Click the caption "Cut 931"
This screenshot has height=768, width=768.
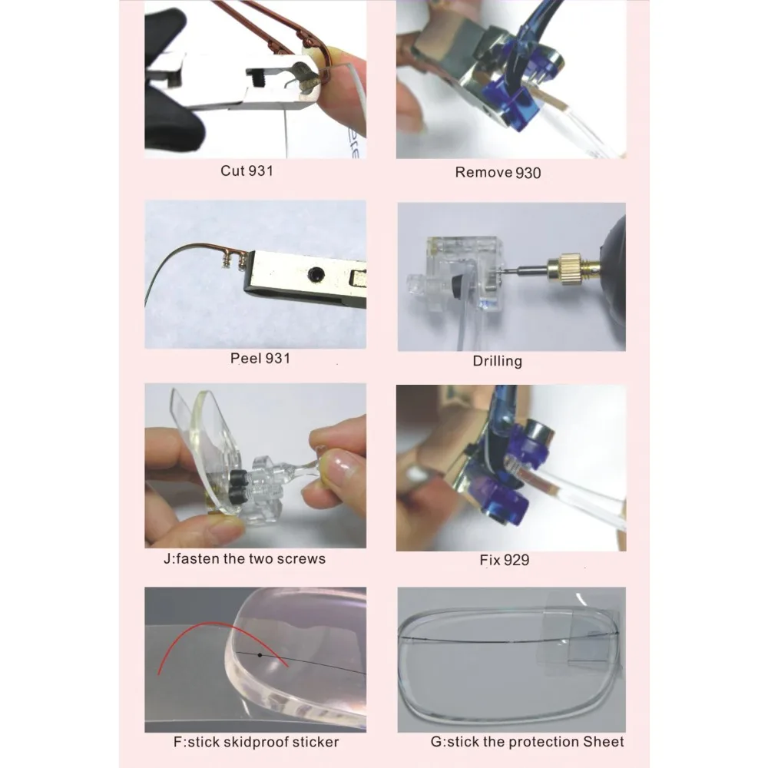tap(247, 170)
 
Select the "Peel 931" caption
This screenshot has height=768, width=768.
tap(260, 358)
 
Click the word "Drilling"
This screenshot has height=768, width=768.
tap(497, 362)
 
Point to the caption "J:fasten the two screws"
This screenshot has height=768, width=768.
tap(244, 559)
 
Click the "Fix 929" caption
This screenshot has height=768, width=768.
tap(505, 560)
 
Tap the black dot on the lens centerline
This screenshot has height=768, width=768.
tap(260, 655)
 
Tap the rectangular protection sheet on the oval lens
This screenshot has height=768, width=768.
tap(581, 637)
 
